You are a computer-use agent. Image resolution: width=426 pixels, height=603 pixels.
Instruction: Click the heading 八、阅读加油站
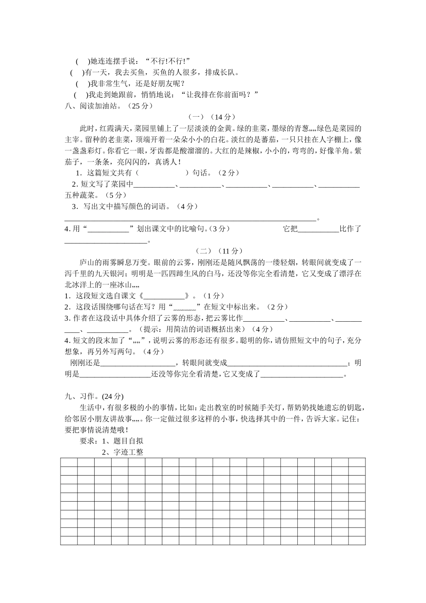[x=93, y=106]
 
